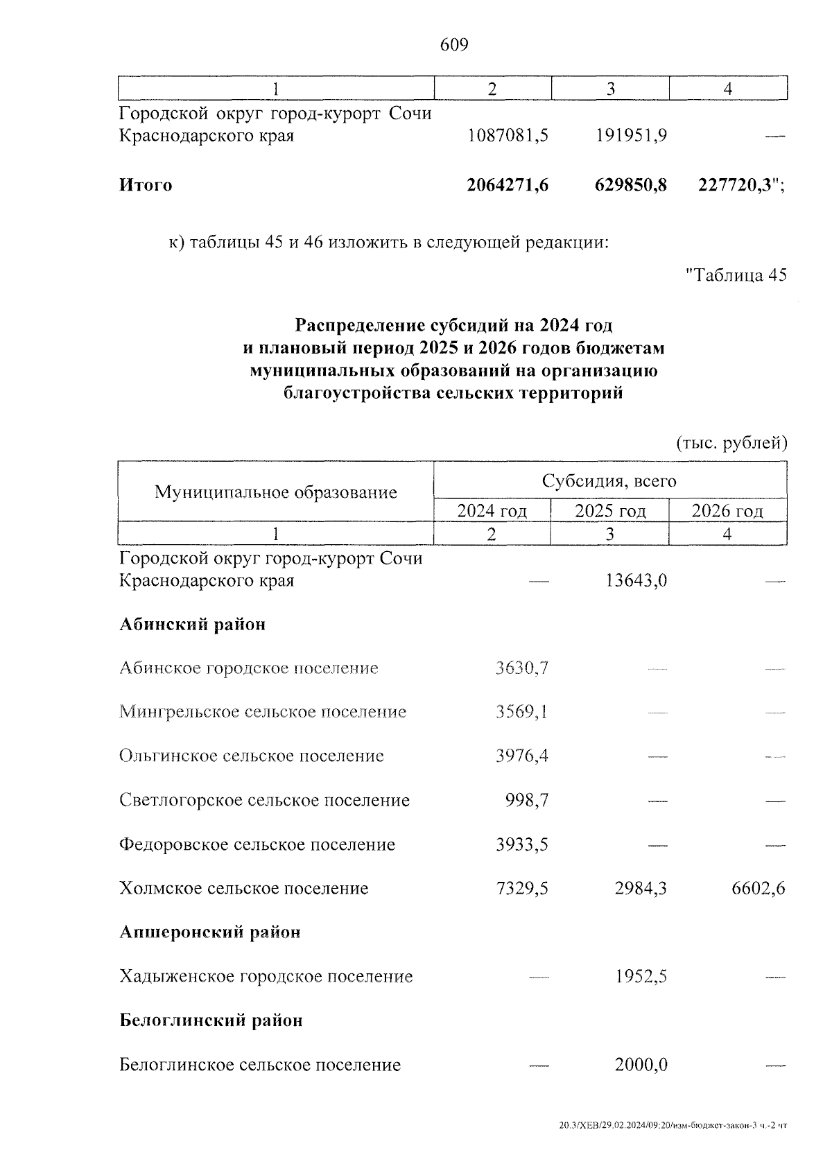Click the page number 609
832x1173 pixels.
point(455,45)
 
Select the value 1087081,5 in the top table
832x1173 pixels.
point(508,135)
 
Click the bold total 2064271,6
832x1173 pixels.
point(508,185)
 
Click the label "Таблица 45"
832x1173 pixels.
point(736,275)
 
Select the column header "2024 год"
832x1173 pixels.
point(492,512)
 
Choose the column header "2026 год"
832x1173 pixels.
point(727,512)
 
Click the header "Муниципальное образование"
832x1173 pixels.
point(275,492)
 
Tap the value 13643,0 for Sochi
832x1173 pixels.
point(632,580)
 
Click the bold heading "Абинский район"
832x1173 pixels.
point(193,625)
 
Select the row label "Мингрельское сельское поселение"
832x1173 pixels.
point(263,712)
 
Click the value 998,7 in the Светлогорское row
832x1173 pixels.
point(527,801)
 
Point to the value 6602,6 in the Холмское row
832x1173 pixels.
point(759,889)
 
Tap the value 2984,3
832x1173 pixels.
point(641,889)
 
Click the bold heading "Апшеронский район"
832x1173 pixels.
point(210,932)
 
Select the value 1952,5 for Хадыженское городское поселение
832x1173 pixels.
point(641,977)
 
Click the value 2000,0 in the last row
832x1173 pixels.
point(641,1065)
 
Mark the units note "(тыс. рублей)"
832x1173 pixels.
point(731,443)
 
